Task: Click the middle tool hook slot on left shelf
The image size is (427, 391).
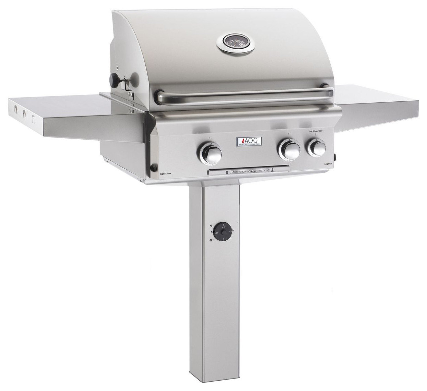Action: pyautogui.click(x=24, y=112)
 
